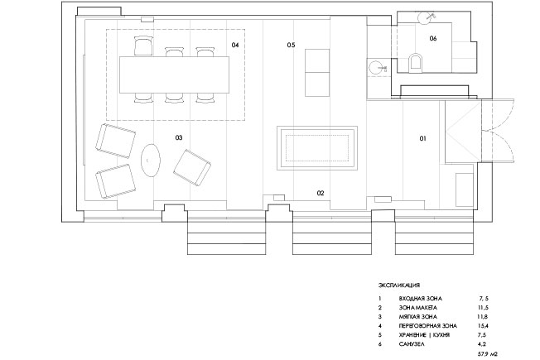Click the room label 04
[235, 45]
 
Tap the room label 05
[291, 45]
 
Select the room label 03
[179, 137]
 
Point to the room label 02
[321, 193]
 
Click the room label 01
[422, 138]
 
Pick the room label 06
[433, 38]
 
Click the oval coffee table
[151, 161]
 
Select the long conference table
[174, 74]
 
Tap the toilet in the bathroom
[415, 63]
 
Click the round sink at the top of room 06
[425, 17]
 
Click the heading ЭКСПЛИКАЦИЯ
[399, 285]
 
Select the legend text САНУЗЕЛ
[412, 343]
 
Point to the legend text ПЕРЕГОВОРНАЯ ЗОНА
[428, 325]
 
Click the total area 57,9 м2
[488, 353]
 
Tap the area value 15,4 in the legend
[483, 325]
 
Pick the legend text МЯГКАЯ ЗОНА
[418, 317]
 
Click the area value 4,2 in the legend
[482, 343]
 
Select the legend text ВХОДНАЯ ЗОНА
[421, 299]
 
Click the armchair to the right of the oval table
[192, 168]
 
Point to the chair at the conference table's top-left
[143, 46]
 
